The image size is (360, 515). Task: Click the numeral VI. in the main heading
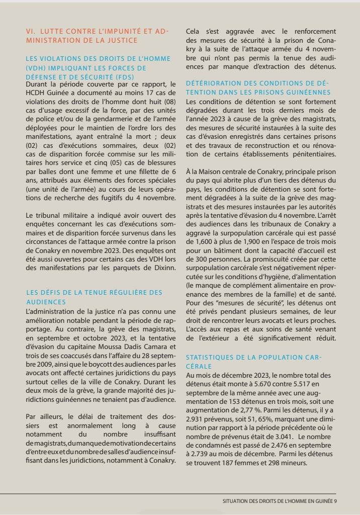tap(31, 31)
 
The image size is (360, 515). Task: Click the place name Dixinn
tap(164, 268)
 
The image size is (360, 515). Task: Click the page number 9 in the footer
tap(335, 501)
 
